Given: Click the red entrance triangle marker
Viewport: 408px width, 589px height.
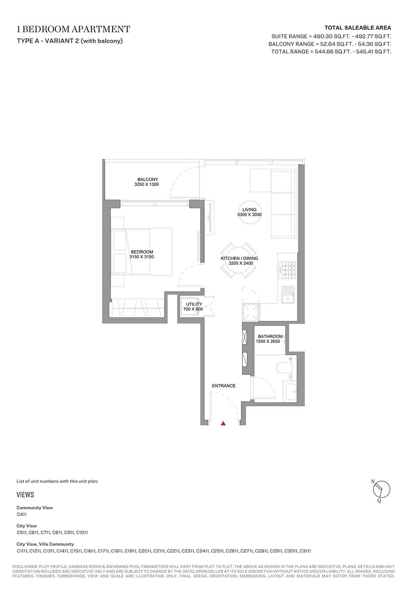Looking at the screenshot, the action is [223, 423].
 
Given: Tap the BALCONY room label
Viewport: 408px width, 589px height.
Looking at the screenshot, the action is [148, 179].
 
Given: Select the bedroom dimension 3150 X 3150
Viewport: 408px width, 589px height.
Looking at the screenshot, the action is [142, 257].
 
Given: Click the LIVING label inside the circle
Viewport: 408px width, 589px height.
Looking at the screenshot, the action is [249, 210].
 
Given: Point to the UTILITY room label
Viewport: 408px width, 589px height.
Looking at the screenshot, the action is [194, 304].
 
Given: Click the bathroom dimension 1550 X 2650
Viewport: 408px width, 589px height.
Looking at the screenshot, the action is [268, 341].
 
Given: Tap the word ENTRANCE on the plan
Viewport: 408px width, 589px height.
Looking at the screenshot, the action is [224, 386].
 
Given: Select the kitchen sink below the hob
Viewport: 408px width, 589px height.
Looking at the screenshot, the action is [288, 295].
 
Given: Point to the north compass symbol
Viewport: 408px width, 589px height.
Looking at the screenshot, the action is [381, 490].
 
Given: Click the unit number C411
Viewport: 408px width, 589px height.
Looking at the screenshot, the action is [22, 514].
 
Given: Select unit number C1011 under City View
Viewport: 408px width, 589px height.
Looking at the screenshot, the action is [82, 533].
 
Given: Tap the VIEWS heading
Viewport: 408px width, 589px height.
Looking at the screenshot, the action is [25, 495].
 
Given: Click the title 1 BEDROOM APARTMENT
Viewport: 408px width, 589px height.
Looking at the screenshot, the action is [73, 29].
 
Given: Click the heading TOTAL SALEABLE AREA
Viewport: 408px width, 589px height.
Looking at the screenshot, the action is [358, 28].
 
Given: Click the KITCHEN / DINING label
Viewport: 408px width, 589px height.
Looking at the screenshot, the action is [239, 258].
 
